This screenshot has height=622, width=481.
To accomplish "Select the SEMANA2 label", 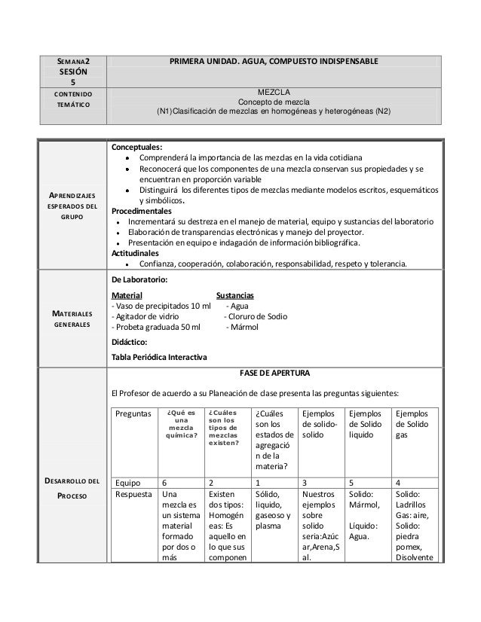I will coord(72,61).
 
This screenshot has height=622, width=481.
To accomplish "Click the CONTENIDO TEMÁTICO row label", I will coord(72,98).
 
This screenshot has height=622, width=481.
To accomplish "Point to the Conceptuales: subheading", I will coord(137,147).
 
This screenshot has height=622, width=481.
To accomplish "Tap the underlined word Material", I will coord(126,294).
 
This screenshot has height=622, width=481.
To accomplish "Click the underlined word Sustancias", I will coord(234,294).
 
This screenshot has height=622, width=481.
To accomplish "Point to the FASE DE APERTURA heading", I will coord(273,374).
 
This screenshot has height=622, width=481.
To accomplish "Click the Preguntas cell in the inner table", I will coord(131,413).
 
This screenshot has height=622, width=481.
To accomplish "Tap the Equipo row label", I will coord(126,482).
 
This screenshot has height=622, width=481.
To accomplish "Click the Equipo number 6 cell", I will coord(165,482).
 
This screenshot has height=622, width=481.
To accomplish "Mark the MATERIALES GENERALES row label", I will coord(72,319).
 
